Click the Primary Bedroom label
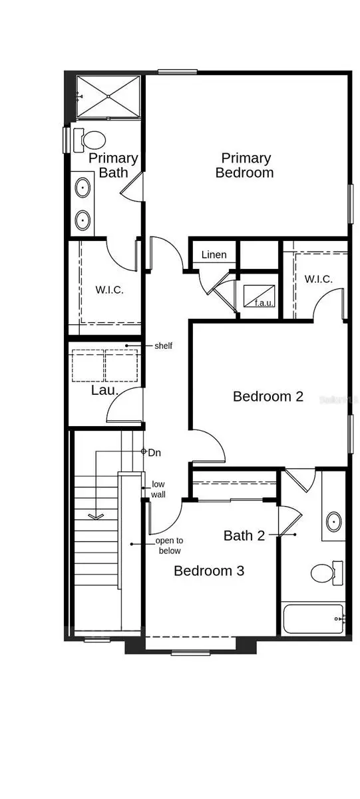pos(246,165)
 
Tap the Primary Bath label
pos(113,165)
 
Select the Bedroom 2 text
pos(268,396)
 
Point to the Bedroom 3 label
pos(209,571)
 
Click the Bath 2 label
pos(248,535)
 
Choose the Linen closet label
pos(214,254)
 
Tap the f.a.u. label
pos(264,303)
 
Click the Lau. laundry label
pos(104,391)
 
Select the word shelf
pos(164,346)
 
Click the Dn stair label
pos(154,452)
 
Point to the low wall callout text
pos(158,489)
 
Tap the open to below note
pos(168,545)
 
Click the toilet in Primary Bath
pos(94,140)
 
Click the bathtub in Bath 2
pos(312,619)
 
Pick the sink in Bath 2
pos(332,521)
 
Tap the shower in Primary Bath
pos(108,97)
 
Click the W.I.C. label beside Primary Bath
pos(109,290)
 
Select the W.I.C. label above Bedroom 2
pos(318,279)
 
